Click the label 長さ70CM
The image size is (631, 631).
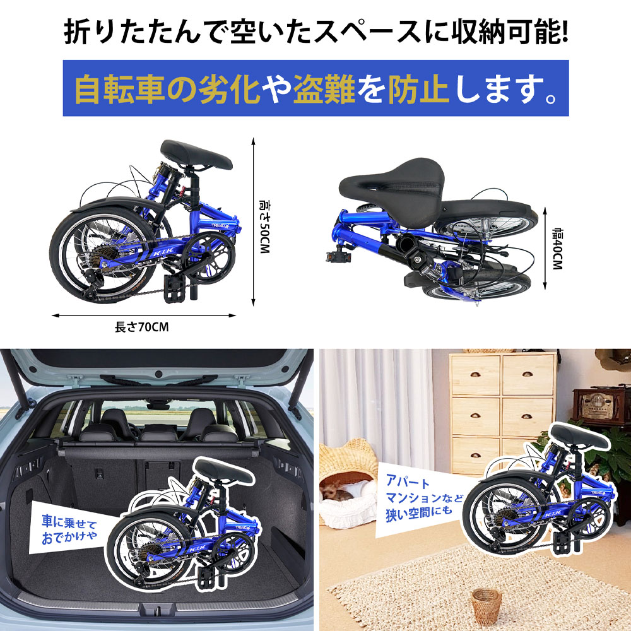141,327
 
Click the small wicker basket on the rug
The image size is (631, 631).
485,604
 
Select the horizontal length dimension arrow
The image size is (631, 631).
146,315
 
